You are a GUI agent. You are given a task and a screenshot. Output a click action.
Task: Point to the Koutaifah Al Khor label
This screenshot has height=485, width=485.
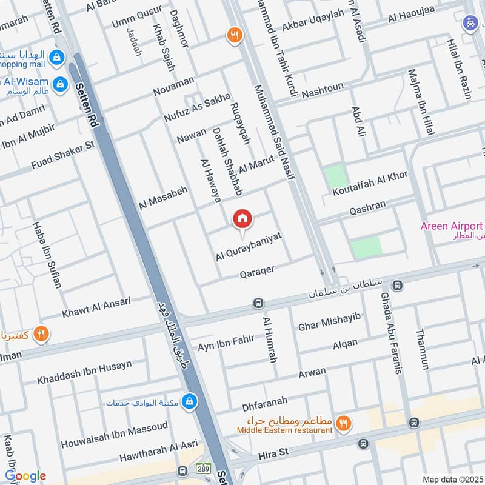pyautogui.click(x=370, y=184)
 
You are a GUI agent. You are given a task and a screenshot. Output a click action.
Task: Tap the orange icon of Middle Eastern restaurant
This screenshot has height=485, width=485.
pyautogui.click(x=344, y=424)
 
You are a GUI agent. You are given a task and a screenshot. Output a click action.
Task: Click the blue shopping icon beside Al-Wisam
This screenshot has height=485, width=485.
pyautogui.click(x=59, y=83)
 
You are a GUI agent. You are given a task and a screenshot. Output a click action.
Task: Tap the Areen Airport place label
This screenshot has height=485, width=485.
pyautogui.click(x=452, y=226)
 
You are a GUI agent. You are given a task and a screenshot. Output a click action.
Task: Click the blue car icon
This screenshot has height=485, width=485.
pyautogui.click(x=470, y=24)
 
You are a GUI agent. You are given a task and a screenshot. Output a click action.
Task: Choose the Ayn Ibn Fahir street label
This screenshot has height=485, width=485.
pyautogui.click(x=226, y=343)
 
